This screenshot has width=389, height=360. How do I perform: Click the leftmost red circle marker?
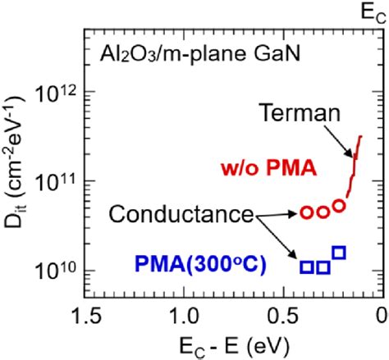[306, 212]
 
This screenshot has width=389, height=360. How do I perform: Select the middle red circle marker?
[322, 212]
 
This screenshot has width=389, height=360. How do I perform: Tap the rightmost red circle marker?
[338, 207]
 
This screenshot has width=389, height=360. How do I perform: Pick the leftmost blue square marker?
[306, 267]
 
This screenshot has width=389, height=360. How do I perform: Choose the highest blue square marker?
[339, 252]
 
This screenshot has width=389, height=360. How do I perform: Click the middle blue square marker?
[323, 267]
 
